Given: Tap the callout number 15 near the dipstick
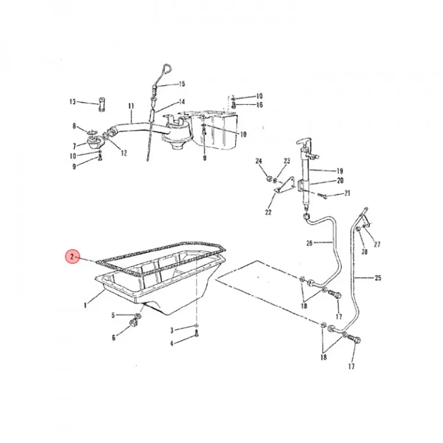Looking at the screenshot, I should coord(181,84).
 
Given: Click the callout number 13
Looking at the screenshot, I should coord(72,102).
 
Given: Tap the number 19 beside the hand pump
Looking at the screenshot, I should coord(340,171).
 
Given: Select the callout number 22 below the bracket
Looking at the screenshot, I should coord(268,212).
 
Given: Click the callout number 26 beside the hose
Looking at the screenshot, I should coord(309,243).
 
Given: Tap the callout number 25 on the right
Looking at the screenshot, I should coord(378,278).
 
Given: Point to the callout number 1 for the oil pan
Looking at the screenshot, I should coord(85,305).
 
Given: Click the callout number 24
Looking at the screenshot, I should coord(258,161).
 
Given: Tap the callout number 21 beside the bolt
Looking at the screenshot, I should coord(347,193).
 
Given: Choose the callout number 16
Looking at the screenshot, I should coord(260,105).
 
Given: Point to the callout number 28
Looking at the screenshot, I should coord(364,252).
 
